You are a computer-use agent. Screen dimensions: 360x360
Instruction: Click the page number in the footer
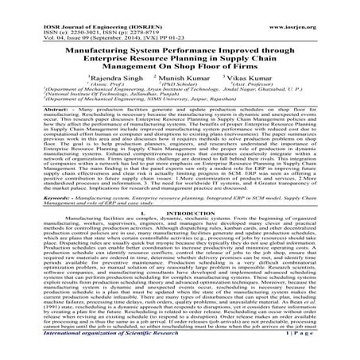[312, 355]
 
